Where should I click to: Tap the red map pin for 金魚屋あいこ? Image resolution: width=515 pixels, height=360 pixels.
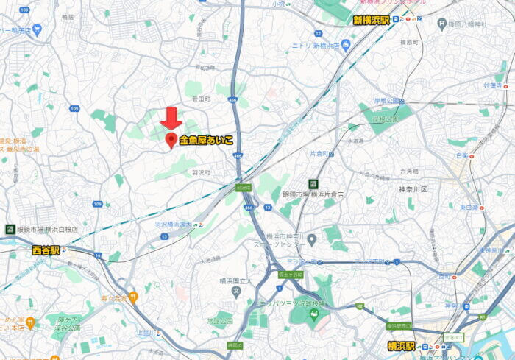click(171, 140)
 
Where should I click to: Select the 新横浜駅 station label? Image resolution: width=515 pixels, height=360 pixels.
click(371, 20)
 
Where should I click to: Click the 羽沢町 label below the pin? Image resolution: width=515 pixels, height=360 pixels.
click(201, 172)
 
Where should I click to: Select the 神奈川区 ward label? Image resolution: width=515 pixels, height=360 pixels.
click(413, 188)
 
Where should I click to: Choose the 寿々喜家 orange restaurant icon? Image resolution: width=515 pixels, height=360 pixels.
click(133, 298)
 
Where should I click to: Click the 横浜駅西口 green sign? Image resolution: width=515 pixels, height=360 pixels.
click(397, 325)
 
